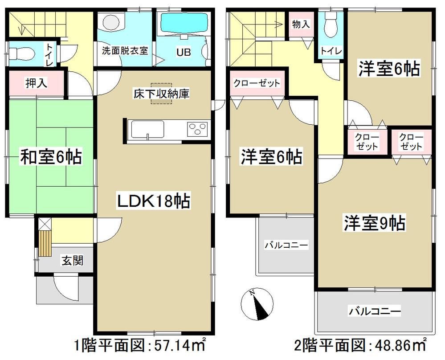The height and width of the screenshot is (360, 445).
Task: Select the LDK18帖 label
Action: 153,201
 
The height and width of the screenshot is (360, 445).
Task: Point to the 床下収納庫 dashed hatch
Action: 161,94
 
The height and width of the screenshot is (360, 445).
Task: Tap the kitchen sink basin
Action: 147,130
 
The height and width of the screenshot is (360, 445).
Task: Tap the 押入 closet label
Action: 36,83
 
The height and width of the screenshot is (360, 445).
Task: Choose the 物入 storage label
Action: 301,25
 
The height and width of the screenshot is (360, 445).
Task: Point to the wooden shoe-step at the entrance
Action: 45,243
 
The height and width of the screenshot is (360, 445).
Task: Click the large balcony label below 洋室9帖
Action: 375,311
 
